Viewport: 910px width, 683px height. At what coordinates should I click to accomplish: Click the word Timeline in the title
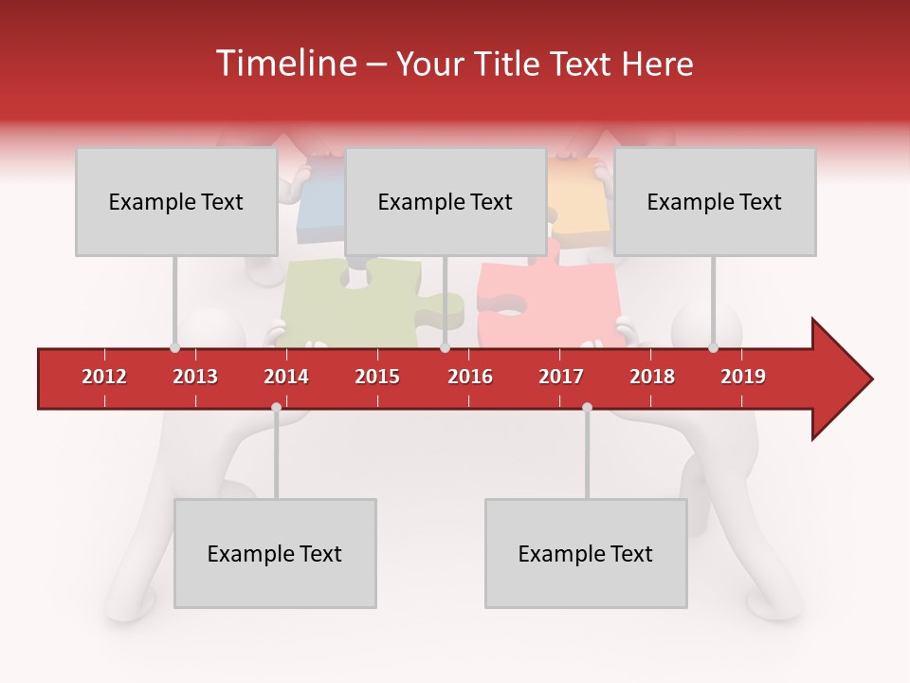tap(285, 64)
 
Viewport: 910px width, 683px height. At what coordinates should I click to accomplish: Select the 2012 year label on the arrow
tap(104, 377)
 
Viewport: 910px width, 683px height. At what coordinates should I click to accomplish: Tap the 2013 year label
tap(195, 377)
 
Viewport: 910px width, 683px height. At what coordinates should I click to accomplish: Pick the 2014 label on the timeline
tap(286, 377)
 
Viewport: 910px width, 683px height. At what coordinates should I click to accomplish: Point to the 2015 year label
tap(377, 377)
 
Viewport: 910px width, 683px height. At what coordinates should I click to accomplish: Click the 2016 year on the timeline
tap(470, 377)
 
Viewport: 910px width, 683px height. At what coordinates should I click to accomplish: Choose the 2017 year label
tap(561, 377)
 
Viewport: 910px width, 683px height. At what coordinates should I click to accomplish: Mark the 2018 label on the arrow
tap(652, 377)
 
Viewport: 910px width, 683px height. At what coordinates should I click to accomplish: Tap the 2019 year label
tap(743, 377)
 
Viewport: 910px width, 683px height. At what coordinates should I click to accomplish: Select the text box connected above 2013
tap(175, 202)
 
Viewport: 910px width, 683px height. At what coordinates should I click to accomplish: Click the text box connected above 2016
tap(445, 202)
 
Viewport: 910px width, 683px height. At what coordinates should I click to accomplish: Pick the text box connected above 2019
tap(714, 202)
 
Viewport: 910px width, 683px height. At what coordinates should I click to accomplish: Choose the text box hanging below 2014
tap(275, 553)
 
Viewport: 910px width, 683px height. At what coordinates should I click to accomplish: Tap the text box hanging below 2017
tap(585, 553)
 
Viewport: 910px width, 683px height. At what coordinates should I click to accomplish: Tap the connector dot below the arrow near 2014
tap(276, 408)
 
